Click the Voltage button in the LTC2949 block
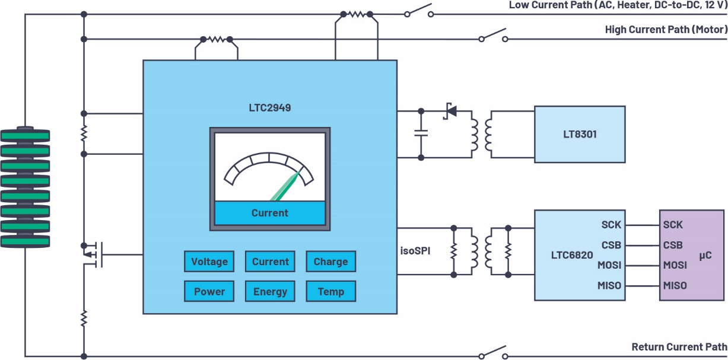(209, 261)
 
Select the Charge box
(331, 261)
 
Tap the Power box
(209, 291)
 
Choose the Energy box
(270, 291)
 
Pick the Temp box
(331, 291)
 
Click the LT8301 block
(580, 134)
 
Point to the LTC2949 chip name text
(270, 107)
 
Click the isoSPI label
(415, 251)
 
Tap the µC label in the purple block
(705, 256)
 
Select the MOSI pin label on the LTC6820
(609, 265)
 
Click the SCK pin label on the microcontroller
(673, 225)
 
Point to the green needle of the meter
(285, 186)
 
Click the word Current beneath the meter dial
(270, 213)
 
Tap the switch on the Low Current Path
(419, 11)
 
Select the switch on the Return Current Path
(493, 352)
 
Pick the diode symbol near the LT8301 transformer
(450, 111)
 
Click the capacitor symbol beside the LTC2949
(421, 133)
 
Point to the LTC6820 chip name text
(572, 255)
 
